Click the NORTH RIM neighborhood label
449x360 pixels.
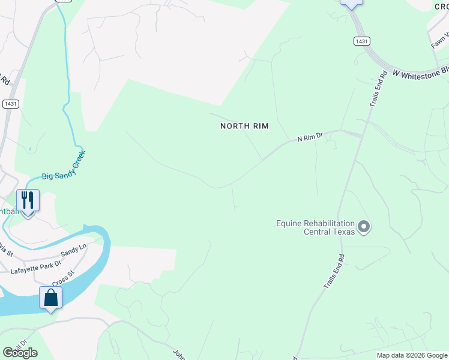[x=244, y=126]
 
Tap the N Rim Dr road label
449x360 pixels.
[x=310, y=138]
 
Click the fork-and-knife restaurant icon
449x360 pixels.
[x=28, y=200]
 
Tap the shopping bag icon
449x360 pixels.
[x=50, y=298]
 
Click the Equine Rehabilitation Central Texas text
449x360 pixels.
[x=315, y=227]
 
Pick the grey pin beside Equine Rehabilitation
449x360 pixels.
[x=364, y=227]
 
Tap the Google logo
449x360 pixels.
[x=20, y=353]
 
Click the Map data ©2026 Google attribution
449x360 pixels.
[x=412, y=355]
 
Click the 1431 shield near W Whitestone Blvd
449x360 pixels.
[x=361, y=41]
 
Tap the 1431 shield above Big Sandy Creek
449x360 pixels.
[x=10, y=103]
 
